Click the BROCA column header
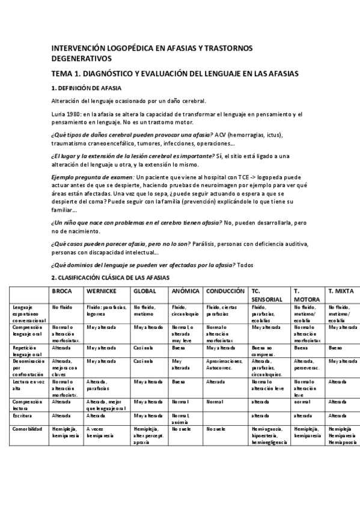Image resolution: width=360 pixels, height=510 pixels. pyautogui.click(x=63, y=291)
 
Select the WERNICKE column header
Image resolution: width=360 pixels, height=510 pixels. pyautogui.click(x=101, y=291)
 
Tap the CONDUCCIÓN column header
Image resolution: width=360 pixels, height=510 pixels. pyautogui.click(x=225, y=291)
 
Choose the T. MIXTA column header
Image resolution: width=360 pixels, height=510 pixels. pyautogui.click(x=340, y=291)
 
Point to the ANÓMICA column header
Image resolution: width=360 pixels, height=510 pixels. pyautogui.click(x=186, y=291)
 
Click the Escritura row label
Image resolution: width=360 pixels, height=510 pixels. pyautogui.click(x=23, y=415)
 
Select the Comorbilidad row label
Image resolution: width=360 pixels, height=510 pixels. pyautogui.click(x=27, y=428)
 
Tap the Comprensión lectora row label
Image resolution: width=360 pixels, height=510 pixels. pyautogui.click(x=27, y=403)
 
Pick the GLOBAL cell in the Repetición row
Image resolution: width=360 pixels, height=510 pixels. pyautogui.click(x=143, y=348)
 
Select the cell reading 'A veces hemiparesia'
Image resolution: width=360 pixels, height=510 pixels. pyautogui.click(x=99, y=431)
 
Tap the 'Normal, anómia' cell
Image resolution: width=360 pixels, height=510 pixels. pyautogui.click(x=182, y=418)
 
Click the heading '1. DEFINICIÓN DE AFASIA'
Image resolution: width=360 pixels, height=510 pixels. pyautogui.click(x=87, y=88)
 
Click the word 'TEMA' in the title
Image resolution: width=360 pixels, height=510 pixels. pyautogui.click(x=62, y=73)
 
